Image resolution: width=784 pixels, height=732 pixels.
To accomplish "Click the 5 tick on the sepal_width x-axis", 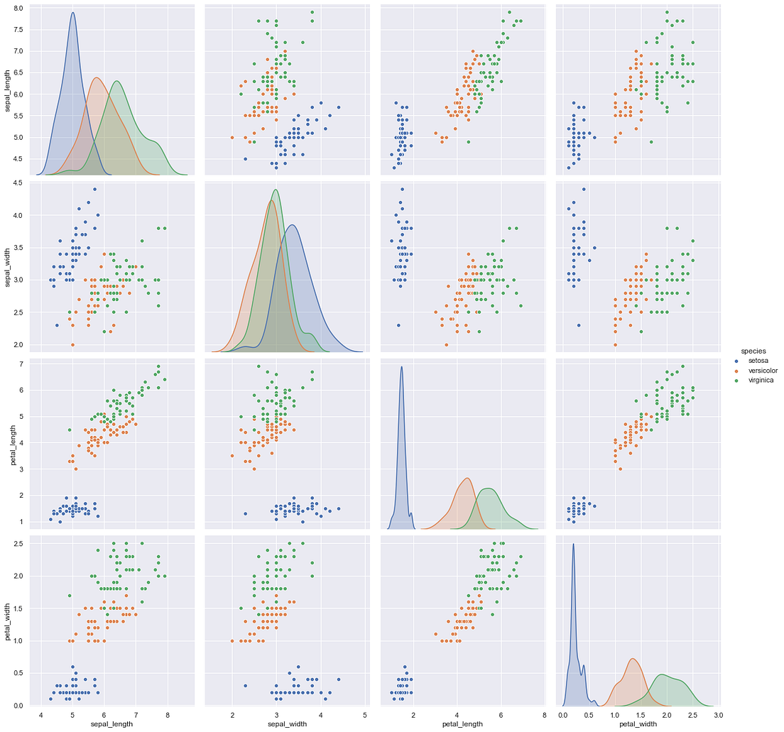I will (364, 713).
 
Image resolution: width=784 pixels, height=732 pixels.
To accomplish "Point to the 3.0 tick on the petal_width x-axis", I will (718, 713).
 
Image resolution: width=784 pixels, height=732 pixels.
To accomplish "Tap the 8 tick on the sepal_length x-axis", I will (167, 713).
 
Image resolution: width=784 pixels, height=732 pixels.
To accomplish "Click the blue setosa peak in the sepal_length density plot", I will (72, 13).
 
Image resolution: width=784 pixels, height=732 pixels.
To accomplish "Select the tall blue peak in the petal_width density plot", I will (573, 545).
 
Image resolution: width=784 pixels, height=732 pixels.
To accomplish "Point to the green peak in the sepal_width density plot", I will (276, 190).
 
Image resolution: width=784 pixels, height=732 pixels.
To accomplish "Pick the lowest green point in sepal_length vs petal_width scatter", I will (651, 141).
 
